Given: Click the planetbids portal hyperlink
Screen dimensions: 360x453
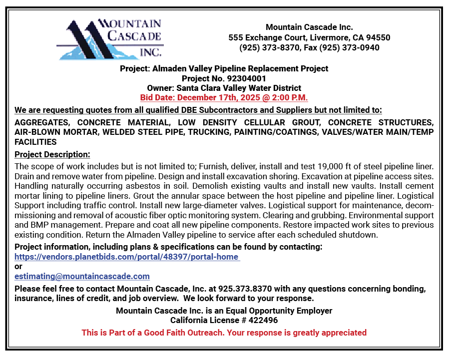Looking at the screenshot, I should (x=127, y=257).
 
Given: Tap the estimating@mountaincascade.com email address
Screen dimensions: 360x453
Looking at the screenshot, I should (x=82, y=276).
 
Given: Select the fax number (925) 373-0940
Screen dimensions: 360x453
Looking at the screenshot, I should (x=349, y=48).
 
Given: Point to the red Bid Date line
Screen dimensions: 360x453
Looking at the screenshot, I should (x=224, y=97).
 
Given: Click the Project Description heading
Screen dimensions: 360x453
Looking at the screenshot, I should (x=52, y=155).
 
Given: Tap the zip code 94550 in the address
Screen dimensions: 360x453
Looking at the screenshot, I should (x=378, y=37).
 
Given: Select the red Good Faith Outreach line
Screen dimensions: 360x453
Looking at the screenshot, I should (x=224, y=333).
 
